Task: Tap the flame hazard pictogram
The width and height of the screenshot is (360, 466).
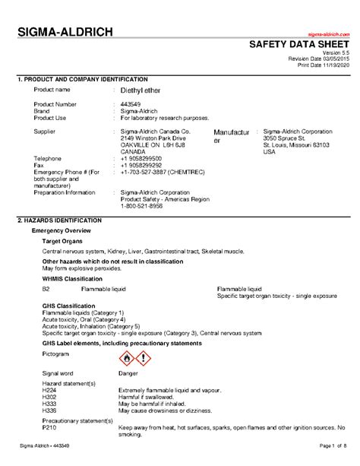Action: tap(127, 358)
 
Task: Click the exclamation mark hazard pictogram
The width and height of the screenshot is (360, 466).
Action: tap(142, 358)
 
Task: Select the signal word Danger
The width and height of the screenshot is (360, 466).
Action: tap(128, 374)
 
